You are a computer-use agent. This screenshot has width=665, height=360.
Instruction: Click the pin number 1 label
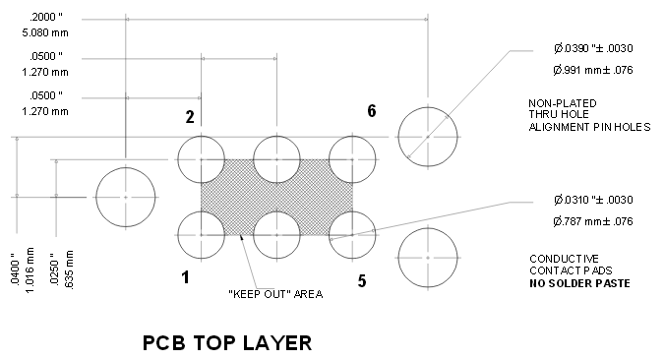pos(185,277)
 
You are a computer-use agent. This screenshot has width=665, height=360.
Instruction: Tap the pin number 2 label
pos(190,117)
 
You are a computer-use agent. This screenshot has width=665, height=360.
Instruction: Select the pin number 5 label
pos(362,280)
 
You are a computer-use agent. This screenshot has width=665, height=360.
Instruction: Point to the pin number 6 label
pos(372,111)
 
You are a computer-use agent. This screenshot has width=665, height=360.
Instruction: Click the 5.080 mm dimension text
pos(45,32)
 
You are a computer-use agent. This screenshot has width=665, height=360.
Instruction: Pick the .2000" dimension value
pos(46,17)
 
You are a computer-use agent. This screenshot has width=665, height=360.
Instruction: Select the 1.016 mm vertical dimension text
pos(29,270)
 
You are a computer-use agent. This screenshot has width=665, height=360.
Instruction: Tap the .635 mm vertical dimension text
pos(69,270)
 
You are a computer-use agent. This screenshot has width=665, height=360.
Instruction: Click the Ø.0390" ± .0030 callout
pos(593,48)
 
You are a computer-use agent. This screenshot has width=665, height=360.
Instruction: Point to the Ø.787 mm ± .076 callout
pos(593,221)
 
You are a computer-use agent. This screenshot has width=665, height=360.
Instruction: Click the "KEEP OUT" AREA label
pos(275,294)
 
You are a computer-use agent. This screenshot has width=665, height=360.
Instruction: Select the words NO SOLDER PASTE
pos(579,283)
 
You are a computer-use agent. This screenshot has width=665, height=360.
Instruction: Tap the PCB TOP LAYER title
pos(227,343)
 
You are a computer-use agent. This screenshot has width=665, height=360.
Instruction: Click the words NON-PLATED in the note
pos(563,103)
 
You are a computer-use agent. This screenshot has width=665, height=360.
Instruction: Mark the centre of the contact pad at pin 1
pos(201,235)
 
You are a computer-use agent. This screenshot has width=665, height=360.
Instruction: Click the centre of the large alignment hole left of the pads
pos(126,197)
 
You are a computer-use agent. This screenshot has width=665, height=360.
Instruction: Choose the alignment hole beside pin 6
pos(428,137)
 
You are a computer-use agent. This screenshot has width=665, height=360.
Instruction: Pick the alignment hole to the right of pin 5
pos(428,258)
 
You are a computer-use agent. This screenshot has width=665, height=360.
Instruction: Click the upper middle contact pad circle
pos(276,159)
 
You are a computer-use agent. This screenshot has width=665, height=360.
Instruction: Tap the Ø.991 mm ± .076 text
pos(593,70)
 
